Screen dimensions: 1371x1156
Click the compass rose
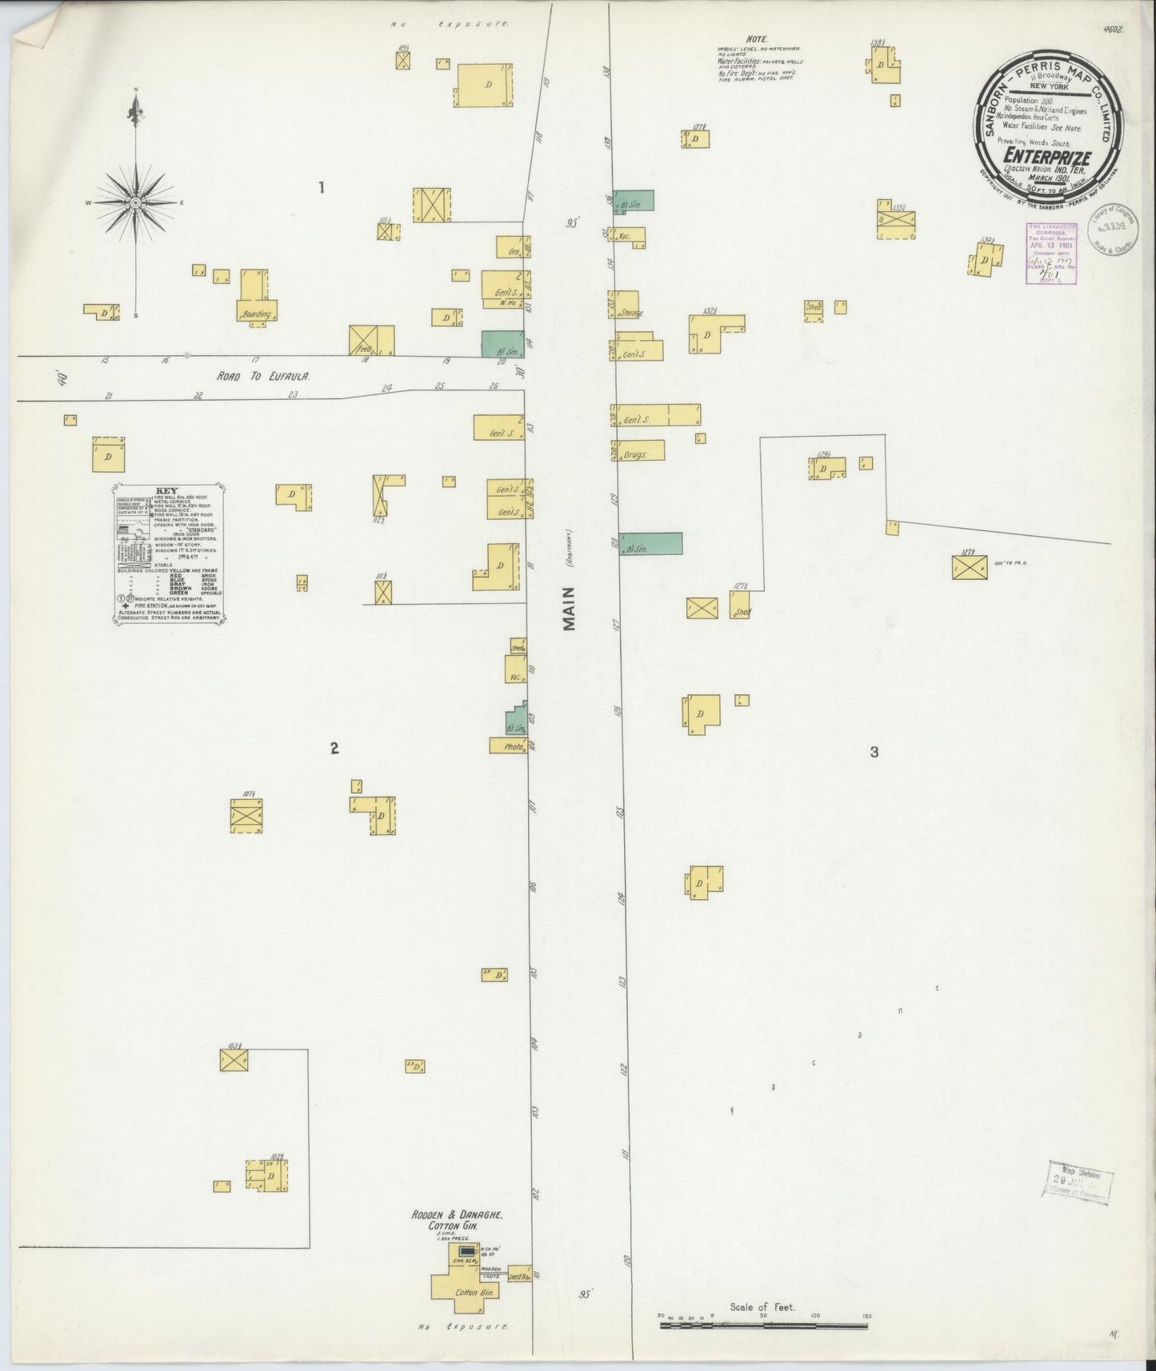pos(136,202)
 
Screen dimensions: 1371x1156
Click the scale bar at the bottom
pos(764,1325)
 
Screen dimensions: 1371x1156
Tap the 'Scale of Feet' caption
pos(762,1307)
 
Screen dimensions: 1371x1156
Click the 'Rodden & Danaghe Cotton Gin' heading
pos(457,1219)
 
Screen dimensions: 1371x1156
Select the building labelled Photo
pos(507,745)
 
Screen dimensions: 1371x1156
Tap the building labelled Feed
pos(371,340)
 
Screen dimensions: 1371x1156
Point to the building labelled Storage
pos(626,306)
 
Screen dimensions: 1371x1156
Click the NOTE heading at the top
pos(756,38)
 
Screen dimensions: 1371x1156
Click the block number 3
pos(874,752)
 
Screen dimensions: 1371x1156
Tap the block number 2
pos(334,748)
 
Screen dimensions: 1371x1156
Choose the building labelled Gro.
pos(514,246)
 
